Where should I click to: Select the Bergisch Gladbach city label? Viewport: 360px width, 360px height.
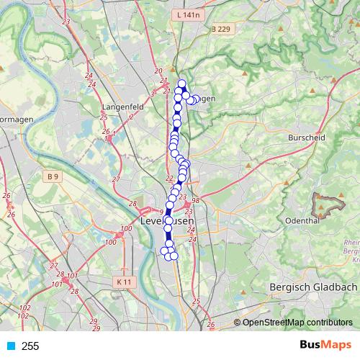[x=312, y=287]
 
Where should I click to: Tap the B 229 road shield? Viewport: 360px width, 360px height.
[x=224, y=28]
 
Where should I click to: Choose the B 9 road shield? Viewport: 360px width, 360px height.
[x=51, y=176]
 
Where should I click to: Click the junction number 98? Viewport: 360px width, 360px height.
[x=195, y=200]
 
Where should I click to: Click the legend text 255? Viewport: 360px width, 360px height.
[x=30, y=346]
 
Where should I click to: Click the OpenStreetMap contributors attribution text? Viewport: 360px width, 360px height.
[x=297, y=323]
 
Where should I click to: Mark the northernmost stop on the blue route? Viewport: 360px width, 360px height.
[x=182, y=84]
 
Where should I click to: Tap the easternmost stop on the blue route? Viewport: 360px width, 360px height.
[x=196, y=99]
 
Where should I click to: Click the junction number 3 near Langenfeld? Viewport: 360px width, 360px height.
[x=153, y=94]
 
